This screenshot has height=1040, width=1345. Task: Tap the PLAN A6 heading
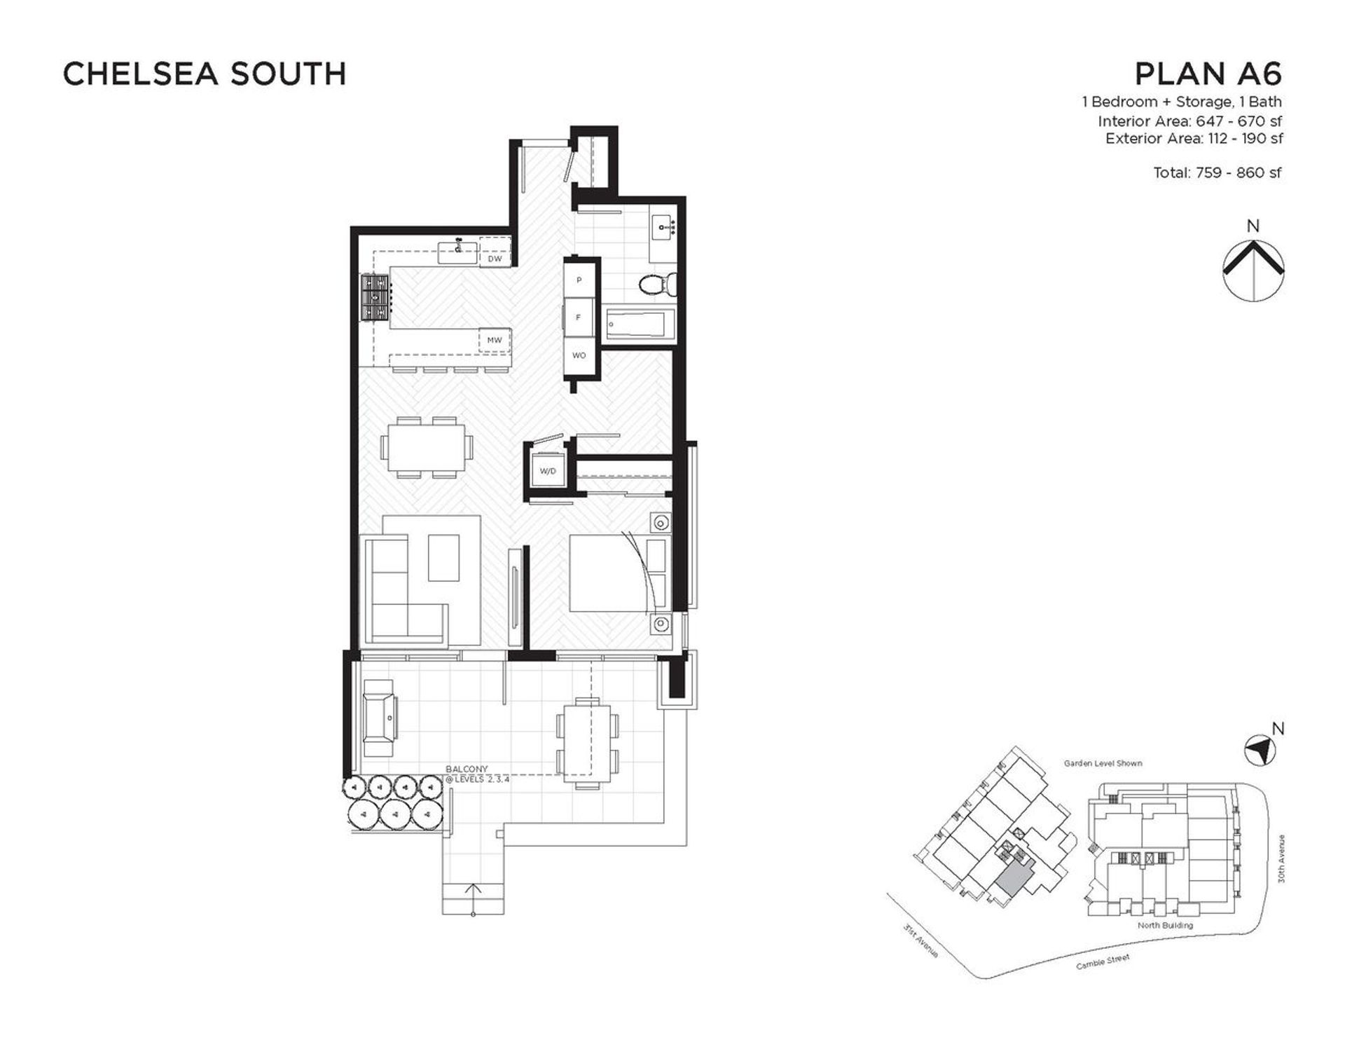(x=1208, y=74)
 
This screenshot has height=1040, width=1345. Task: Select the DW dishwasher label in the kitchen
(x=495, y=259)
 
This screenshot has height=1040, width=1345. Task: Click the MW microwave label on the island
(x=495, y=341)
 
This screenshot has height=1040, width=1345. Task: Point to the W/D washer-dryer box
(x=548, y=471)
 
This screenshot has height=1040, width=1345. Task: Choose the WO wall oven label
(x=579, y=355)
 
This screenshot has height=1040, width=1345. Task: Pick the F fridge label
(x=578, y=317)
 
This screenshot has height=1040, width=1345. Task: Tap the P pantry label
(x=579, y=280)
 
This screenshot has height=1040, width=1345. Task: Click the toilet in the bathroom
(x=658, y=283)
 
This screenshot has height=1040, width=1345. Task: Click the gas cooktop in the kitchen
(x=375, y=298)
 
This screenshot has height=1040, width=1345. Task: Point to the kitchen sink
(x=458, y=252)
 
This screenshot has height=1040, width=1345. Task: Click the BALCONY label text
(x=467, y=769)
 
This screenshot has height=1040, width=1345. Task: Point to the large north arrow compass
(x=1253, y=271)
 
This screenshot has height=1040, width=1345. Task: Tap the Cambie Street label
(x=1103, y=961)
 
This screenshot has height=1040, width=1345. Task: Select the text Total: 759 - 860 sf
(x=1218, y=172)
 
